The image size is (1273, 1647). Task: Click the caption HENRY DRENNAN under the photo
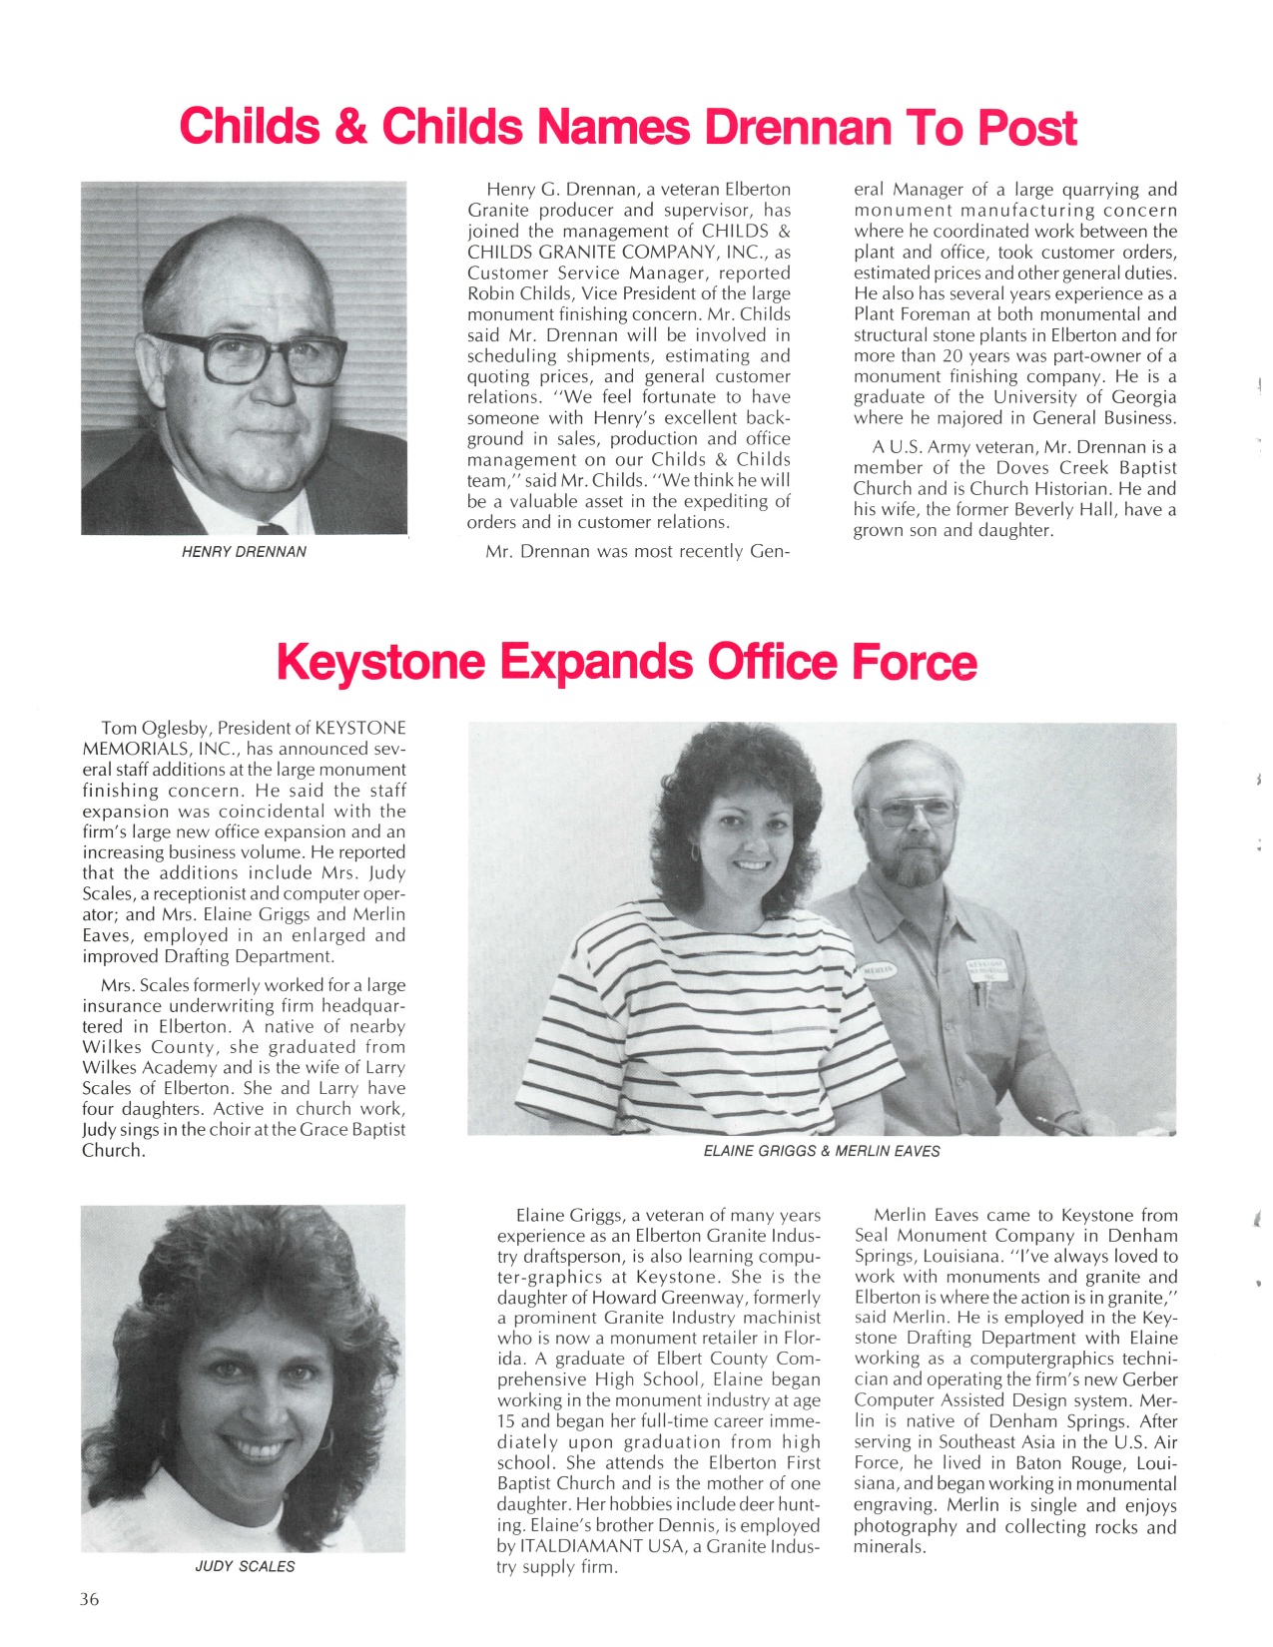[244, 552]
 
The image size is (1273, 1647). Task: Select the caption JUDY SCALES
[245, 1566]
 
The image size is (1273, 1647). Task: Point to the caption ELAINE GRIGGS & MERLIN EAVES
[822, 1151]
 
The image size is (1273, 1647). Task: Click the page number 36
[90, 1599]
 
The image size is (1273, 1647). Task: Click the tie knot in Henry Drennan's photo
[273, 528]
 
